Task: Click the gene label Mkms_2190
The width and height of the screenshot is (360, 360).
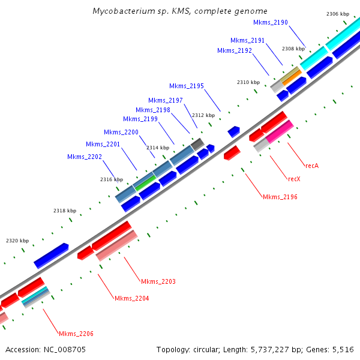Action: point(271,22)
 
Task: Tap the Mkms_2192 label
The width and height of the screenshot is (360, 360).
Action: point(235,50)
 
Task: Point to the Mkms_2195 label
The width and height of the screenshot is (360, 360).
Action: point(187,86)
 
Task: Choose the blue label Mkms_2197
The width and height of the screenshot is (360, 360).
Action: point(166,100)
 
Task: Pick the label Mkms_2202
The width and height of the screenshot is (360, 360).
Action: point(85,157)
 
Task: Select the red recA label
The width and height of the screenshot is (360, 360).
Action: point(311,166)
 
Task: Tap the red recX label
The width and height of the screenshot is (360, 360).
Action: point(294,179)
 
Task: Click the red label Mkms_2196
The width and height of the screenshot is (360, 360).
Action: point(280,197)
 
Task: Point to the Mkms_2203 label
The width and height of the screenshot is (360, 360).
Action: point(158,281)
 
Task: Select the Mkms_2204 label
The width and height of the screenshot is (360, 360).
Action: point(132,298)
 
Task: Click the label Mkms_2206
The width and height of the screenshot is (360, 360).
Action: point(76,334)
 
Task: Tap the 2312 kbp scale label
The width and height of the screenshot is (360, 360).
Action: point(203,115)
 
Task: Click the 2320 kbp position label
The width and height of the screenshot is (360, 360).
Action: point(17,241)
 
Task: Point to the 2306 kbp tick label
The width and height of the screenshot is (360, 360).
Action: point(338,14)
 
